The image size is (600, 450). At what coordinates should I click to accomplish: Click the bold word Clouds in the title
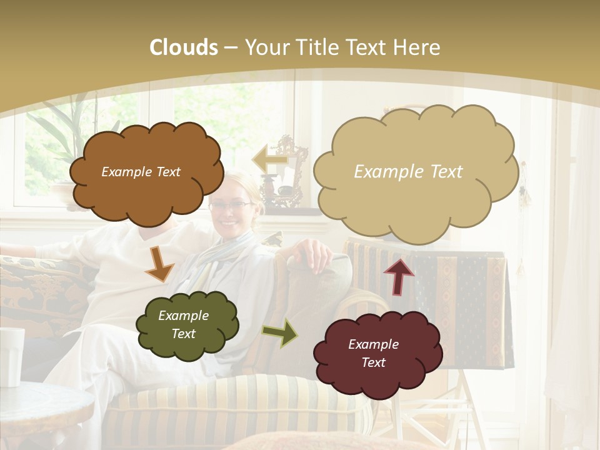[x=184, y=47]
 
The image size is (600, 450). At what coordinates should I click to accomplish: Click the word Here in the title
[x=418, y=47]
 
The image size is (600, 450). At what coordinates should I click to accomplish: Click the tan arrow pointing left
[x=269, y=159]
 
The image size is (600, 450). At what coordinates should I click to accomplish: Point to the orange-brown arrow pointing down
[x=159, y=264]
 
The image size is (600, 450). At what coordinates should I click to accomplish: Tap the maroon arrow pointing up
[x=399, y=275]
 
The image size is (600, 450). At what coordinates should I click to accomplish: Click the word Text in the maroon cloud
[x=373, y=362]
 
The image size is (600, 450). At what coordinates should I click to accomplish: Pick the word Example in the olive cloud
[x=183, y=316]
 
